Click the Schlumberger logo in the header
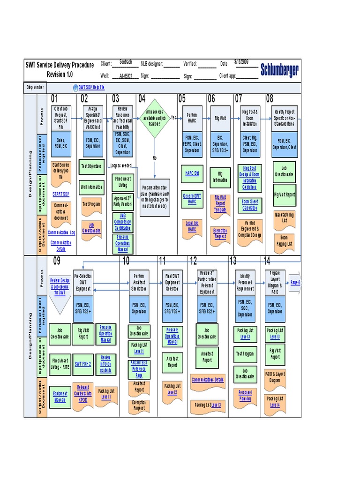(x=279, y=70)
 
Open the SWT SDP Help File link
(x=91, y=87)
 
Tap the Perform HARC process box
(x=192, y=118)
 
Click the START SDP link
(x=60, y=193)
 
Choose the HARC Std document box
(x=192, y=173)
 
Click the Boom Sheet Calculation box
(x=249, y=204)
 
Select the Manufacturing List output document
(x=284, y=217)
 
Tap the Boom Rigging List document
(x=284, y=240)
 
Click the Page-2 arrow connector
(x=295, y=283)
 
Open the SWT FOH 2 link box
(x=83, y=363)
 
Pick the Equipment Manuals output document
(x=60, y=397)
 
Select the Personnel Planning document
(x=245, y=395)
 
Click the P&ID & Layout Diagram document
(x=275, y=377)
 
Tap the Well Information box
(x=91, y=187)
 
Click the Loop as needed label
(x=120, y=165)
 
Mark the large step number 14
(x=267, y=261)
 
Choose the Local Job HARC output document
(x=192, y=227)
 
